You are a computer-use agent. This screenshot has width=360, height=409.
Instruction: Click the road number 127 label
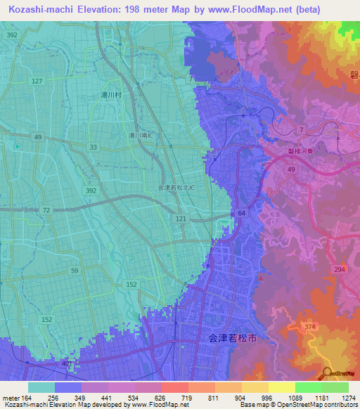(37, 82)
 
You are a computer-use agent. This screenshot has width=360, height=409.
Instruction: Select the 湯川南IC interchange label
(141, 136)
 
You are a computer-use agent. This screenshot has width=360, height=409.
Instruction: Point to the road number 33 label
(93, 147)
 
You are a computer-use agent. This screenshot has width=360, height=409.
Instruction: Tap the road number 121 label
(181, 220)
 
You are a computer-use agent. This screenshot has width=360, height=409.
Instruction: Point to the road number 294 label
(340, 269)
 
